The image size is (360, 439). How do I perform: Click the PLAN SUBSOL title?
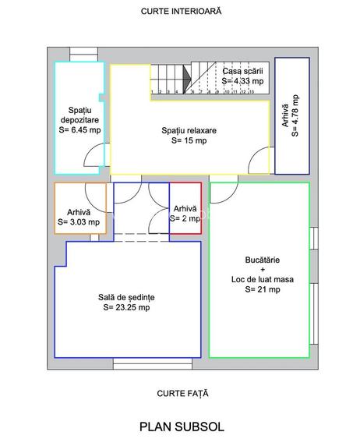click(182, 427)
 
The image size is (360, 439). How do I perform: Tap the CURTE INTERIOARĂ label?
click(182, 11)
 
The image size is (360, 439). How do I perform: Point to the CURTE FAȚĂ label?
click(182, 393)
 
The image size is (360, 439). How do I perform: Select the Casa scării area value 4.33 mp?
click(242, 81)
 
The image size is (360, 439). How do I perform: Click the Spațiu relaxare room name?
click(189, 130)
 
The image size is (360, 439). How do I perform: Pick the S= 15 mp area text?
click(189, 140)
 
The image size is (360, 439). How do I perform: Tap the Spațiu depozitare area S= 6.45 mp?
click(79, 129)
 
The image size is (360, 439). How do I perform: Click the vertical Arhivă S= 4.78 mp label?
click(290, 115)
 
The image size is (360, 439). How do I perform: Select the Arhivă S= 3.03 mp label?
click(79, 217)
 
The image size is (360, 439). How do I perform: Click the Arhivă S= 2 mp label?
click(185, 214)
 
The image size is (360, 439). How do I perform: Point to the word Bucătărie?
click(263, 260)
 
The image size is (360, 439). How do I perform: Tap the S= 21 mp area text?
click(263, 289)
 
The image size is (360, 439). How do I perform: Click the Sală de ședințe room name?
click(126, 297)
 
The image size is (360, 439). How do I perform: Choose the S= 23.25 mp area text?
click(126, 307)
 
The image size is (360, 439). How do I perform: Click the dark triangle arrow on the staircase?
click(187, 79)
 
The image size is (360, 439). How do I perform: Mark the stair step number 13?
click(251, 91)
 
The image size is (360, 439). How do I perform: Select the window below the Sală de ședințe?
click(153, 363)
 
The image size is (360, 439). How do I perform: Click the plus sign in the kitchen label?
click(263, 270)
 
